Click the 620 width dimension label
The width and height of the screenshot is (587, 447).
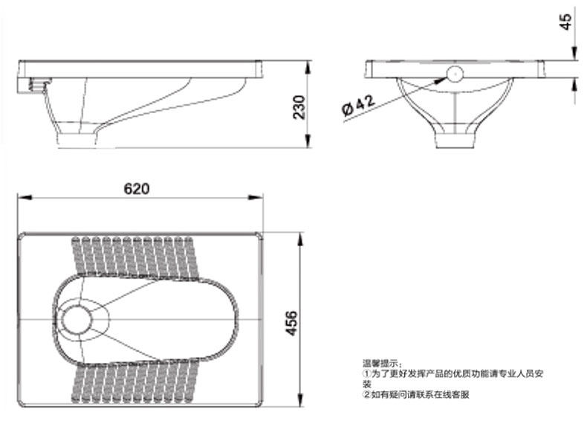tap(136, 188)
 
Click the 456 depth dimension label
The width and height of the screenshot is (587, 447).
tap(291, 323)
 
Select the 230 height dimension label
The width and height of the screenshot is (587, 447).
tap(299, 108)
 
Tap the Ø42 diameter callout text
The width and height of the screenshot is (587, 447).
tap(358, 106)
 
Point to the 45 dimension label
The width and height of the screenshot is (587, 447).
tap(565, 22)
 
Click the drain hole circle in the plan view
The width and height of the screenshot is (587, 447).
tap(77, 320)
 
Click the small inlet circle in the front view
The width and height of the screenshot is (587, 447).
tap(455, 74)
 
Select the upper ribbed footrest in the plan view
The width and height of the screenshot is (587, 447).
tap(134, 257)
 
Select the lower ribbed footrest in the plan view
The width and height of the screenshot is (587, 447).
tap(134, 382)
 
